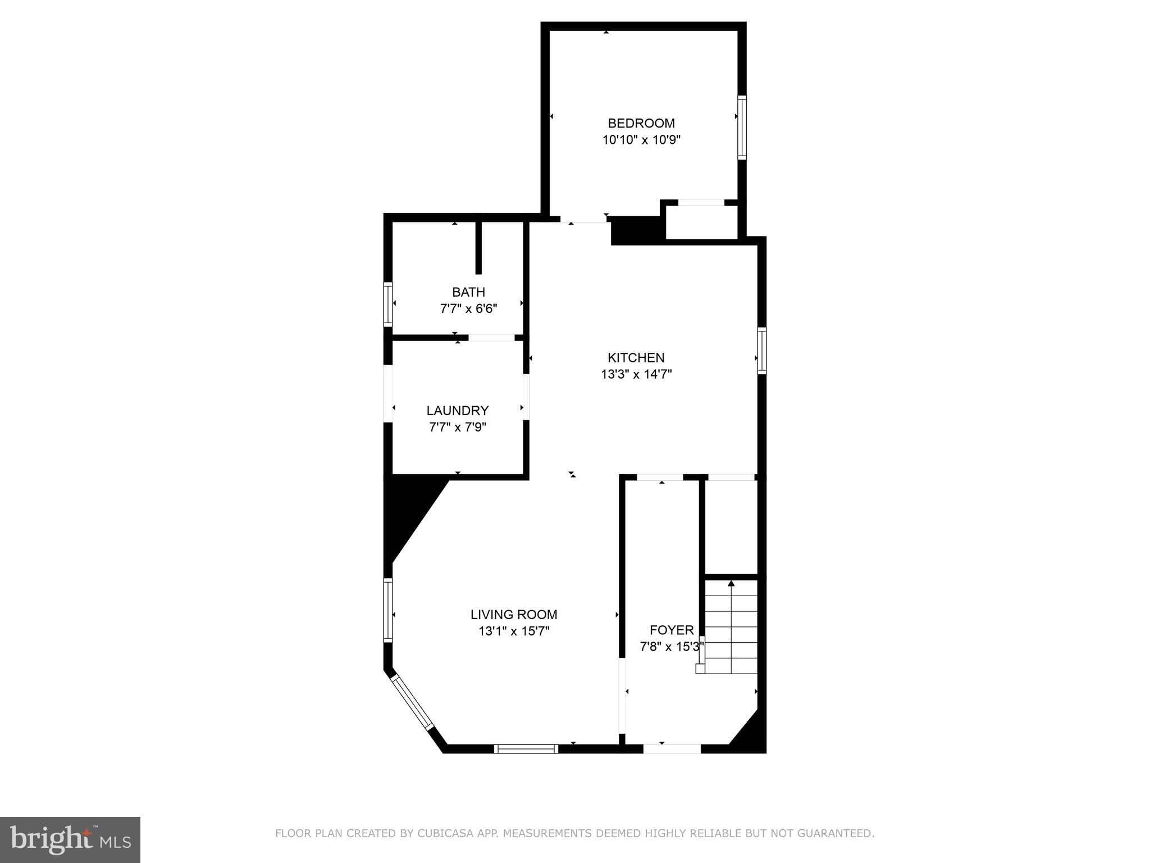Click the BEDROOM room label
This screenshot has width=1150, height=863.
(641, 123)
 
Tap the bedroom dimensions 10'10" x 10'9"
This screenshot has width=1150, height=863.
(641, 140)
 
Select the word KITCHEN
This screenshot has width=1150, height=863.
(636, 357)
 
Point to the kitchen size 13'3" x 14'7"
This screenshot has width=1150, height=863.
(636, 374)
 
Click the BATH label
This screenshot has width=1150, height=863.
(468, 292)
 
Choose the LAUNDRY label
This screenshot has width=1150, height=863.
(457, 410)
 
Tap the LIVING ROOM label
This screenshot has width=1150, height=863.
(514, 615)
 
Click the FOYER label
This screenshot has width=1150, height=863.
(672, 630)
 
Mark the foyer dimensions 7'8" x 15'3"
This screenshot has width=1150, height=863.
(672, 647)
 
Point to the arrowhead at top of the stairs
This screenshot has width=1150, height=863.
(731, 584)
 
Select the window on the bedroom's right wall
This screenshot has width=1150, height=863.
(742, 128)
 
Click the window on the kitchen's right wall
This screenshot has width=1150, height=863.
(761, 351)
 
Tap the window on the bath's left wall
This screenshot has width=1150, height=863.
(387, 304)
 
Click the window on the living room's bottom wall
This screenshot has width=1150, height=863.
(526, 748)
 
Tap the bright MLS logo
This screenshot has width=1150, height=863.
(70, 839)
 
